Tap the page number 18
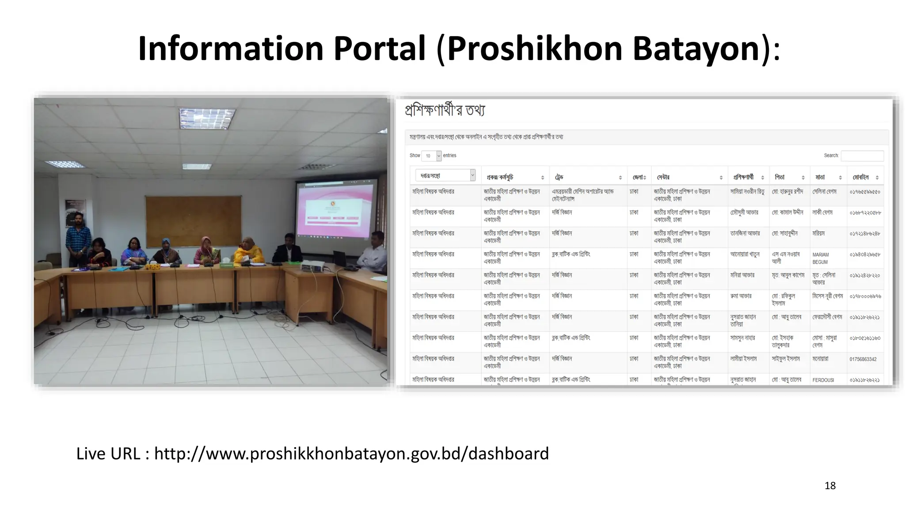[x=830, y=486]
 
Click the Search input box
[x=862, y=156]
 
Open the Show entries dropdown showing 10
[x=431, y=156]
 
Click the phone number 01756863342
[x=863, y=359]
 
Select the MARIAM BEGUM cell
[x=821, y=258]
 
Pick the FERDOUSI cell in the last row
[x=823, y=380]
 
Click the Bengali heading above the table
[x=445, y=110]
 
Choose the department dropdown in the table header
[x=445, y=175]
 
